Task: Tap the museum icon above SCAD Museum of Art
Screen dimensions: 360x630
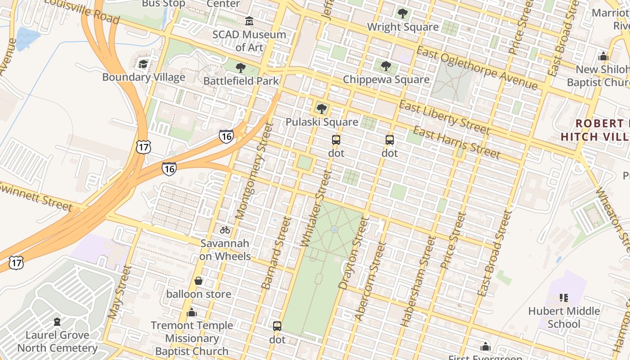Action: tap(249, 21)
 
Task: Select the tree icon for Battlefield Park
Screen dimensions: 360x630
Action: tap(241, 68)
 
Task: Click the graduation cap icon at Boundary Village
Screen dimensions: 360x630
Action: tap(143, 64)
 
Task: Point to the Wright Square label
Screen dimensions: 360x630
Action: tap(403, 27)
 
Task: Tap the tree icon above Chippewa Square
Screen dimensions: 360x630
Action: tap(386, 66)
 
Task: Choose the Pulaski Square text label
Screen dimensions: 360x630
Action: tap(322, 122)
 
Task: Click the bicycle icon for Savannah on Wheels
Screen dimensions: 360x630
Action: tap(225, 230)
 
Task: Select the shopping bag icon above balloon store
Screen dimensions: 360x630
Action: tap(198, 281)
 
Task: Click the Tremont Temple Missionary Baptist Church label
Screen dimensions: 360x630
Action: tap(192, 338)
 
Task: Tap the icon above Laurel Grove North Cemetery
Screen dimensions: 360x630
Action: tap(57, 322)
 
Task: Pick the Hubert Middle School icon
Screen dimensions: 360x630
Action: tap(563, 297)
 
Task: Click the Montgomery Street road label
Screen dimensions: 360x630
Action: tap(255, 171)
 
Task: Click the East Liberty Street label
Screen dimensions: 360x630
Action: tap(444, 117)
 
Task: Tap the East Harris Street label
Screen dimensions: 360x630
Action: tap(456, 143)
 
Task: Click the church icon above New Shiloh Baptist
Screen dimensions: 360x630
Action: tap(603, 56)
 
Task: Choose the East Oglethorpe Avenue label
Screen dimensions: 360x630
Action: tap(477, 67)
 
